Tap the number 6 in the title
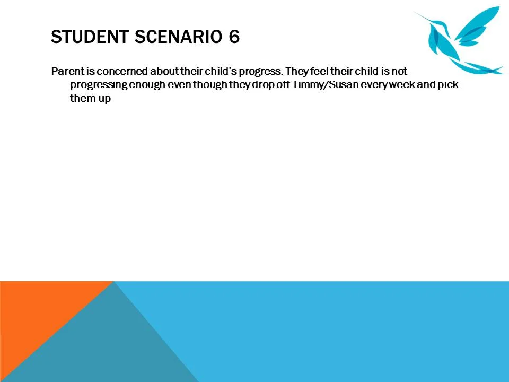coord(234,37)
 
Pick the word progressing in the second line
coord(99,85)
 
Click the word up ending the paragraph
coord(104,99)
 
